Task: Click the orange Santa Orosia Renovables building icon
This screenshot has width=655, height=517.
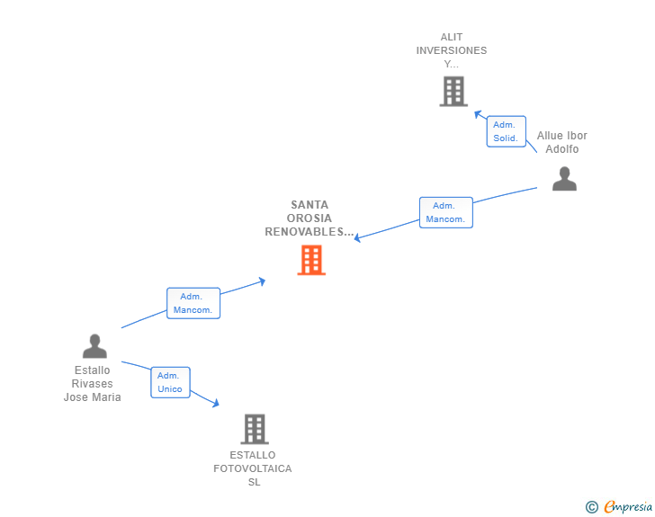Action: pos(311,260)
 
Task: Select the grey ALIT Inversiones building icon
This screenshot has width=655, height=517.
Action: pos(453,91)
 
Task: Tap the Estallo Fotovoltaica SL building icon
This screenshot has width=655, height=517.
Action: pos(255,429)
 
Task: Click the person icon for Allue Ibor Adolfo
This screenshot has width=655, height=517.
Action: pos(564,179)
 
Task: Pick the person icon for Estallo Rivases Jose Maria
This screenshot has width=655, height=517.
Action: pos(94,346)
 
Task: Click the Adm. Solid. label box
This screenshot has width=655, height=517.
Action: pos(506,131)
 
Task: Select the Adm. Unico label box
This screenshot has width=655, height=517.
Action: pos(170,382)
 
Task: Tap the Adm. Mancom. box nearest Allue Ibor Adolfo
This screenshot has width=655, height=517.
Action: pos(445,212)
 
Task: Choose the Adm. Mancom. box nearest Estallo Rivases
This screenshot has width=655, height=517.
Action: pos(193,303)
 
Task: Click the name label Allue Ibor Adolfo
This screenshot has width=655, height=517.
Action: pos(562,142)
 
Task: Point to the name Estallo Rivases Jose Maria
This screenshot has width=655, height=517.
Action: pos(93,383)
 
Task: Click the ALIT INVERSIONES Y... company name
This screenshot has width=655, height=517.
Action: pos(452,50)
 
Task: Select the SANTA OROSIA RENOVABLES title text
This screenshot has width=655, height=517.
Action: pos(310,218)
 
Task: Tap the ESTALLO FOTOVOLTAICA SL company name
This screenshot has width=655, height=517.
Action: pos(253,468)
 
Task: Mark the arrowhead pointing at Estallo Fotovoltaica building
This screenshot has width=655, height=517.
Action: pos(215,404)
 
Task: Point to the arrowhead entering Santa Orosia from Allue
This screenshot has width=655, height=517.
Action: pos(358,238)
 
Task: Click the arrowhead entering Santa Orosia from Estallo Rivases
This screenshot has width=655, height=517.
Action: pos(262,281)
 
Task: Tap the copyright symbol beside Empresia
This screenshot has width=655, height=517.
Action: pos(591,507)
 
